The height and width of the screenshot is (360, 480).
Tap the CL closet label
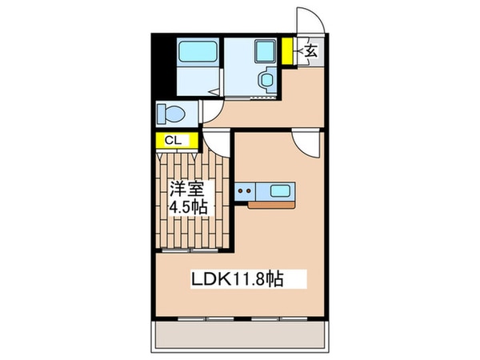(x=171, y=141)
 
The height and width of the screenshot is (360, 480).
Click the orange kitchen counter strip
(x=270, y=205)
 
